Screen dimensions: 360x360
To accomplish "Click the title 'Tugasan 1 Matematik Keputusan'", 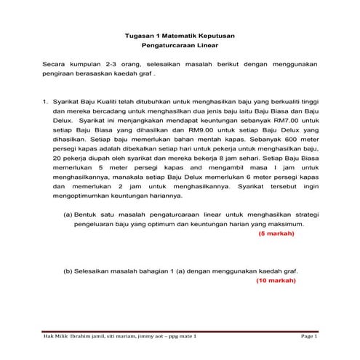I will pyautogui.click(x=180, y=36).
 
